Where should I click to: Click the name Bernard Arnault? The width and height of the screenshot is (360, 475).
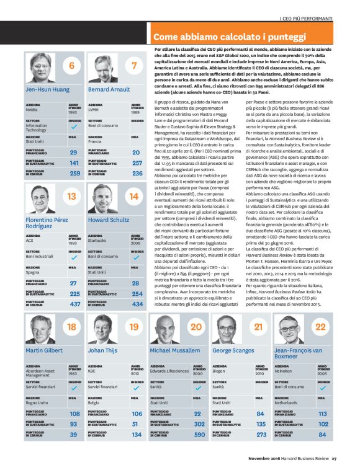pyautogui.click(x=110, y=89)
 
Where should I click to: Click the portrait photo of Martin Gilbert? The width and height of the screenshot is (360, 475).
pyautogui.click(x=40, y=329)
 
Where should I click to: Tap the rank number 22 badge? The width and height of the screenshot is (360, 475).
pyautogui.click(x=320, y=327)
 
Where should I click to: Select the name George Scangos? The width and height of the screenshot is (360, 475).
pyautogui.click(x=235, y=350)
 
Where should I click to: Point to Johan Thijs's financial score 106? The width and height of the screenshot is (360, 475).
pyautogui.click(x=136, y=414)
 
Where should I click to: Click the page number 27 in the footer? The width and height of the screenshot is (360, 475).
pyautogui.click(x=333, y=459)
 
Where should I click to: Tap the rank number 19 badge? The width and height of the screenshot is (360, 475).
pyautogui.click(x=134, y=327)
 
